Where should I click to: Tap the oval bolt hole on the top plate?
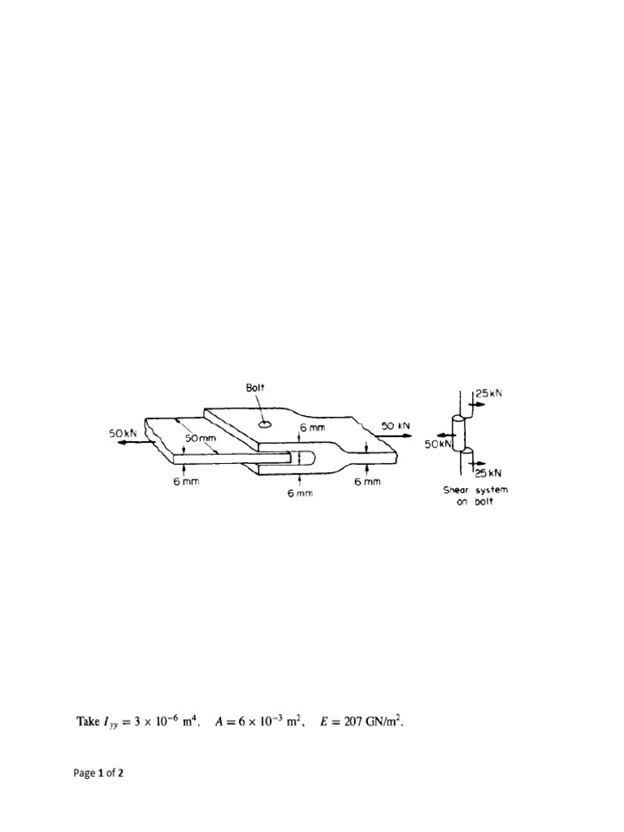pyautogui.click(x=265, y=423)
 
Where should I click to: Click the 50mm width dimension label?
pyautogui.click(x=200, y=439)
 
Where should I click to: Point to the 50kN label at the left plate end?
pyautogui.click(x=124, y=434)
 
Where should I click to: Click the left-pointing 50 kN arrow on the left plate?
pyautogui.click(x=130, y=444)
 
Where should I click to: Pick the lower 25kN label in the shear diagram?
pyautogui.click(x=488, y=472)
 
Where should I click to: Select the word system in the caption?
pyautogui.click(x=491, y=490)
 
